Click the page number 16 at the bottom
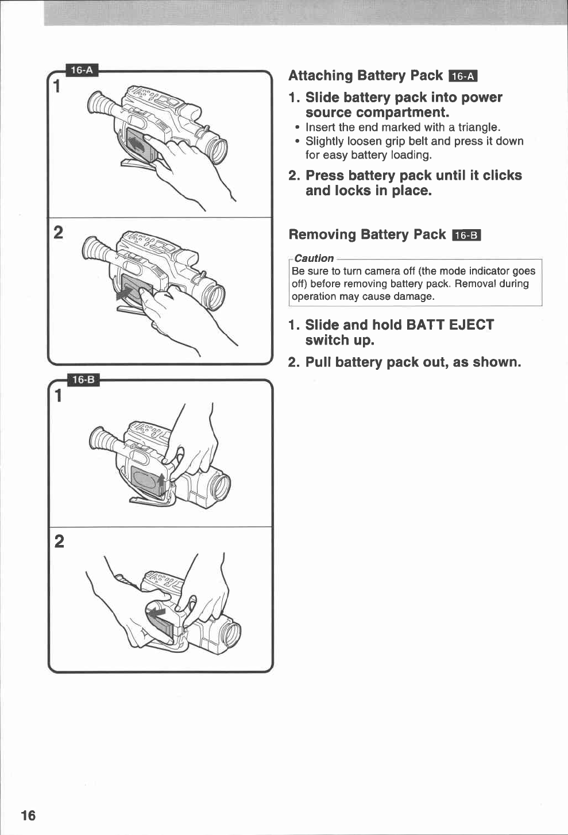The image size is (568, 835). point(28,815)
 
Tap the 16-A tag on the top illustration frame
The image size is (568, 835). point(82,70)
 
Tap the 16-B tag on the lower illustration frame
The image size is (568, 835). point(83,380)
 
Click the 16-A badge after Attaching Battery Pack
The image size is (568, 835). point(463,76)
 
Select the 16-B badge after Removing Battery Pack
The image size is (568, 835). point(466,235)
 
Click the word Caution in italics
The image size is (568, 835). point(314,258)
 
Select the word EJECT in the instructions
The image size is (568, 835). point(471,325)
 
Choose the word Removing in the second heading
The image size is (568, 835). point(322,235)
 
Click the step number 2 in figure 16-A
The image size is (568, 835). point(58,233)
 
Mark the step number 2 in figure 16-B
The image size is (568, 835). point(59,541)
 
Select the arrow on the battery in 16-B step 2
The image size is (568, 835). point(156,614)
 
